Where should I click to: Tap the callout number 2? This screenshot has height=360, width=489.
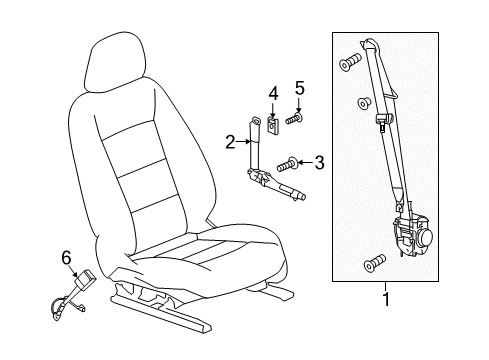click(x=229, y=142)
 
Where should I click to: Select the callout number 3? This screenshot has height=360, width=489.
click(x=318, y=161)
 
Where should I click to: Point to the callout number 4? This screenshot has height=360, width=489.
click(x=271, y=94)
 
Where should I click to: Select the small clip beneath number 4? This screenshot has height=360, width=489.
click(x=271, y=127)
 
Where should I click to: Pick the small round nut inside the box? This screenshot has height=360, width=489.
click(x=364, y=102)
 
